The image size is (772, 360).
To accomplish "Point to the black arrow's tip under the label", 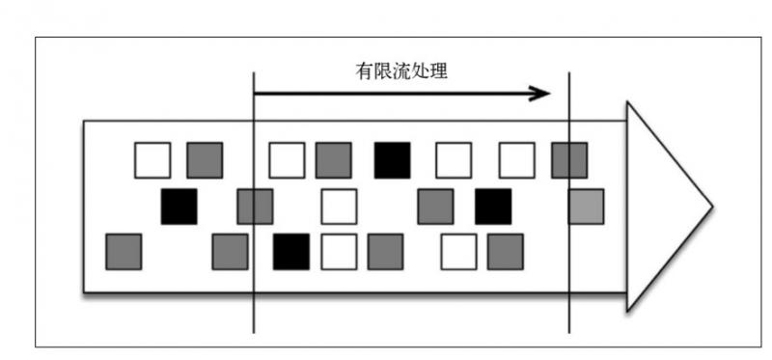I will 548,94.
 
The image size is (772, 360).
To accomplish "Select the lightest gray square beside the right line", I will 586,207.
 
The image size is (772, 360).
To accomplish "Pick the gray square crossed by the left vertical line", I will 255,207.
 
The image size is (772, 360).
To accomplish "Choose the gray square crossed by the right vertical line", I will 568,160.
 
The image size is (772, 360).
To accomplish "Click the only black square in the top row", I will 393,160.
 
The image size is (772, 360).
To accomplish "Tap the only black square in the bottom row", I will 291,251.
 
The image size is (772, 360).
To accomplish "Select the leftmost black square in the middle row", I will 179,207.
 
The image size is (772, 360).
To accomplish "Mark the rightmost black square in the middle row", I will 493,207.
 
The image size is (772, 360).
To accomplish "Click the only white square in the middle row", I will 339,207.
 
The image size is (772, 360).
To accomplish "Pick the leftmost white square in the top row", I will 152,160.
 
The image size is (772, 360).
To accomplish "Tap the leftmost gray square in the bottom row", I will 124,251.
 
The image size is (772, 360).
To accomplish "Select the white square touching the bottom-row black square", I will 339,251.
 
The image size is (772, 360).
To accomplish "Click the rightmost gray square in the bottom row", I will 505,251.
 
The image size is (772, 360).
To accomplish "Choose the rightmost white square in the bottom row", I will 458,251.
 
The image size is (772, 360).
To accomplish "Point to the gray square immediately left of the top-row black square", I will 333,160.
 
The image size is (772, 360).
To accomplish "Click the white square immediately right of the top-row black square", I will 453,160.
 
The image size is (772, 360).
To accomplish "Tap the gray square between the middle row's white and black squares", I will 435,207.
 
